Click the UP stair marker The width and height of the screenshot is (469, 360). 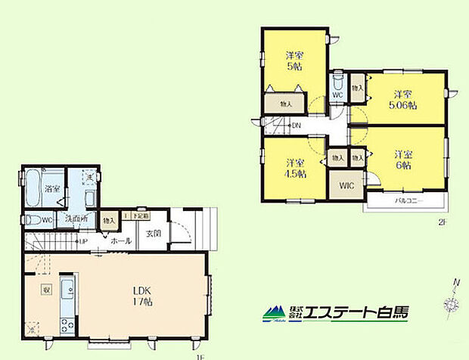pyautogui.click(x=84, y=242)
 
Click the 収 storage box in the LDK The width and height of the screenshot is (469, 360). pyautogui.click(x=46, y=289)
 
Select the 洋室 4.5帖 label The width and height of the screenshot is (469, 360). pyautogui.click(x=295, y=168)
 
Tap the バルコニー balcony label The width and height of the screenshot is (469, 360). pyautogui.click(x=408, y=201)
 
